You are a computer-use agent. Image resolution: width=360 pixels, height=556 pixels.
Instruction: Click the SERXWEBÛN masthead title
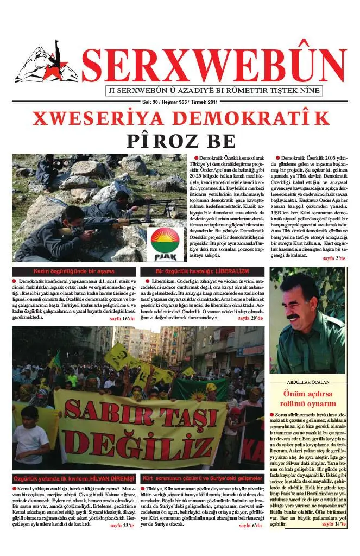214,64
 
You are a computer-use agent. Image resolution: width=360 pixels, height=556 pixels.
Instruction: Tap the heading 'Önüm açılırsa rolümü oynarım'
307,398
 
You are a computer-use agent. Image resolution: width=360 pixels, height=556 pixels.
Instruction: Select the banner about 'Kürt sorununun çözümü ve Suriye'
202,478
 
